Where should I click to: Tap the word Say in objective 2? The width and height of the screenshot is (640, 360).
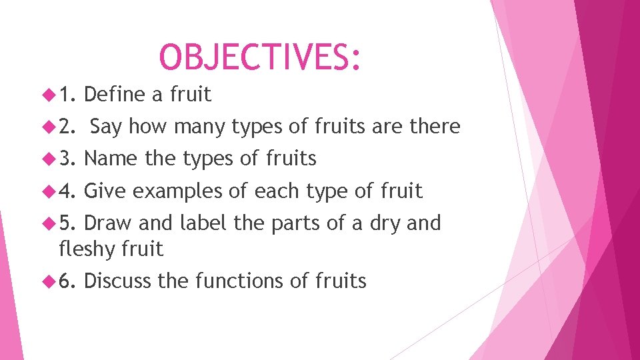[x=106, y=127]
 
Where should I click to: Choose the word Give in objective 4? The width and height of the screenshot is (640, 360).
[x=105, y=191]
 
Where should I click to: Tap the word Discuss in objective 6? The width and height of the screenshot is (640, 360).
[x=118, y=281]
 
